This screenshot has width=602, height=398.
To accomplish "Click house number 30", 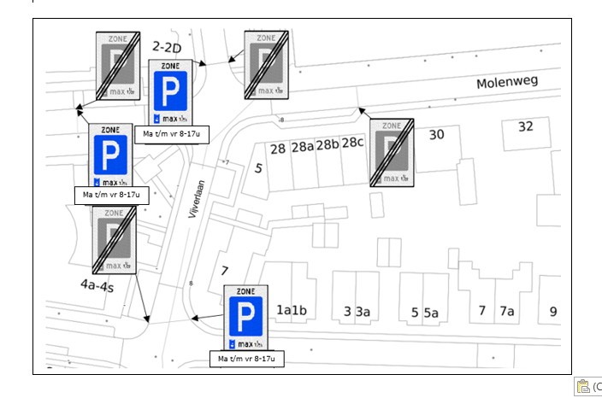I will coord(436,134).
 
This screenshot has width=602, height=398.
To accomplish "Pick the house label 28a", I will coord(303,147).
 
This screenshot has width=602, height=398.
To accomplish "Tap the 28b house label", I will coord(328,146).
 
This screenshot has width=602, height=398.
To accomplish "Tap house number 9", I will coord(553,311).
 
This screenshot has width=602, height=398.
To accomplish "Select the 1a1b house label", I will coord(292,310).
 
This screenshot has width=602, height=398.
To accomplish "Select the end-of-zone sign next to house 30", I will coord(392,152).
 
